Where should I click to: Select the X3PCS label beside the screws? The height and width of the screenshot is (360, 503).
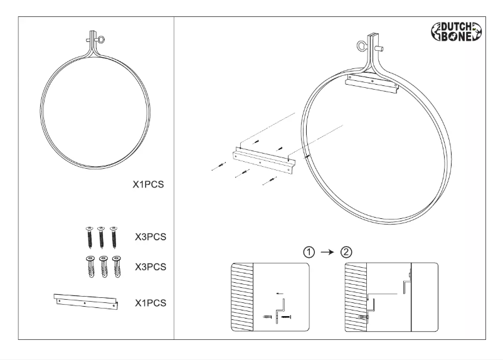[151, 238]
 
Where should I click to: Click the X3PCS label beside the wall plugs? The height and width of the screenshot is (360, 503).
[151, 267]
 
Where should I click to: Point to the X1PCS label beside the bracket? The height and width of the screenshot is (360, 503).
[151, 303]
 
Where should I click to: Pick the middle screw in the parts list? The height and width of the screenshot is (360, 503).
[101, 237]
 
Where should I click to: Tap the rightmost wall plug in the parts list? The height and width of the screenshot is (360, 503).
[116, 267]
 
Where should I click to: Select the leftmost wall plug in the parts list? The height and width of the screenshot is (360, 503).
[90, 267]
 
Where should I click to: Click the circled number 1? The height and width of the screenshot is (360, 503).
[309, 252]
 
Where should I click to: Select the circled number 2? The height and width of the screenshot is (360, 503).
[346, 252]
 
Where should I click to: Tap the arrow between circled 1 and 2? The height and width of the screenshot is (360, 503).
[327, 252]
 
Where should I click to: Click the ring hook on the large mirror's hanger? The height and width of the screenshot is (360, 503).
[360, 46]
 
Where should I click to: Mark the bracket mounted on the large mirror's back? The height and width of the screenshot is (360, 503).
[372, 82]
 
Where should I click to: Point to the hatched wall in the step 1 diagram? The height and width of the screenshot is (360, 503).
[241, 297]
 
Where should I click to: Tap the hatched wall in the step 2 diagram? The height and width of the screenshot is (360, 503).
[356, 297]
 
